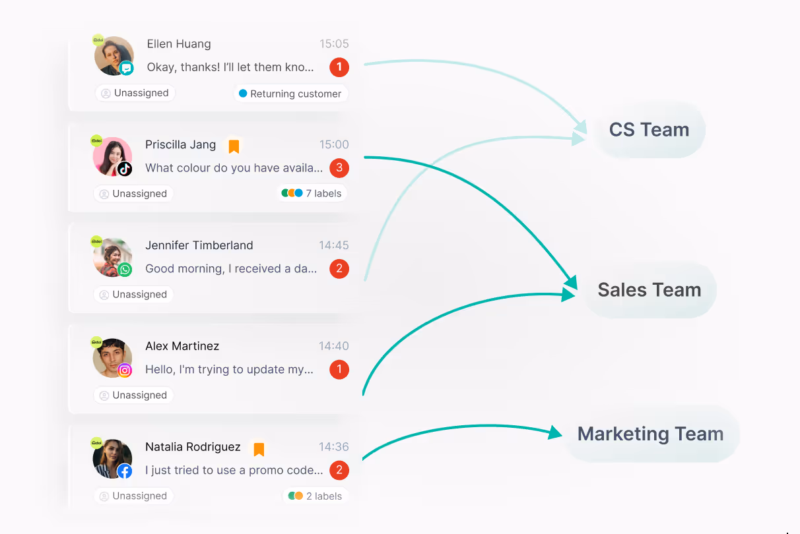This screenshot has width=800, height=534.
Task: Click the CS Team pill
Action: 649,130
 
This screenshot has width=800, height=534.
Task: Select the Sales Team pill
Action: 649,290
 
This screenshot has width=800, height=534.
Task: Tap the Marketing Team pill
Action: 650,434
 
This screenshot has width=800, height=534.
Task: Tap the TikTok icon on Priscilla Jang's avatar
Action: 125,169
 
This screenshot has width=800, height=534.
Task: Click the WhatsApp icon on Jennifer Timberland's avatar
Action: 125,270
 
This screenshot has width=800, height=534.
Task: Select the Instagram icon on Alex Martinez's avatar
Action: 125,371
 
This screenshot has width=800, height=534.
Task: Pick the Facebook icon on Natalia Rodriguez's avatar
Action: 125,471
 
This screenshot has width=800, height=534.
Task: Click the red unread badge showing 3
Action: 339,167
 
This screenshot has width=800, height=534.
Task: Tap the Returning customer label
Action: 290,94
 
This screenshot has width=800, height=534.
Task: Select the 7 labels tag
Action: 312,194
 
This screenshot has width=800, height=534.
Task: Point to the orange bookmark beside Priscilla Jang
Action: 234,146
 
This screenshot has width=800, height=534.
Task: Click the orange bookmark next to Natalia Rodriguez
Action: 259,449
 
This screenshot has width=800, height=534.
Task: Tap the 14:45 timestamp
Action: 334,245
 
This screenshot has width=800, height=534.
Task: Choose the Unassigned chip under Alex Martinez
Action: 133,396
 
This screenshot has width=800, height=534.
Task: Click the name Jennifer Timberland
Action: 199,245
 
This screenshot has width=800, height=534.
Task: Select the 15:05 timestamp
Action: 334,44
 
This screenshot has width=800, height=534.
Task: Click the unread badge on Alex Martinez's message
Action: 339,369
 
